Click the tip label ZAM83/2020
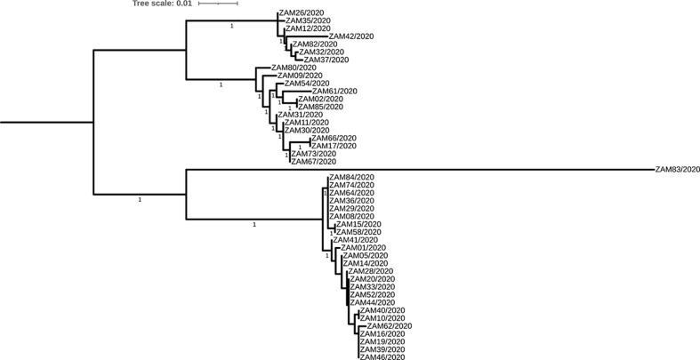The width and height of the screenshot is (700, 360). tap(677, 169)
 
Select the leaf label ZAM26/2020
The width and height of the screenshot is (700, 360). tap(299, 13)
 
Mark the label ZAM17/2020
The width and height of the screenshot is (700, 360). tap(334, 146)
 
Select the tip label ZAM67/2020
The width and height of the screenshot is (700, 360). tap(315, 161)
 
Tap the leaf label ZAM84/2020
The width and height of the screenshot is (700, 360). tap(351, 177)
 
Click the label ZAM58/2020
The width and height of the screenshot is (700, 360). tap(357, 232)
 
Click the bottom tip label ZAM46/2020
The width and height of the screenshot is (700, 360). tap(382, 356)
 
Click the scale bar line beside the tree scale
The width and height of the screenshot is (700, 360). tap(217, 4)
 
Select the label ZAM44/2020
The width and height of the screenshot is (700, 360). tap(373, 302)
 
